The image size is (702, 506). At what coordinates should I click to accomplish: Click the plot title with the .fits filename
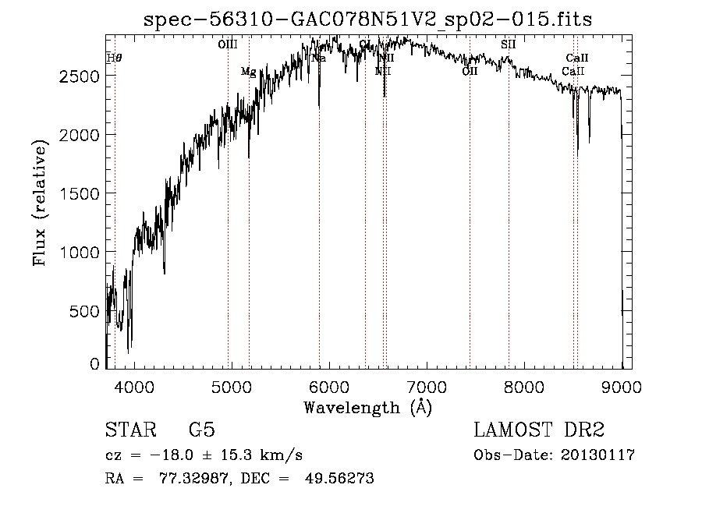point(368,19)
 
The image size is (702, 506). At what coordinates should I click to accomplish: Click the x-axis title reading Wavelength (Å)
point(367,407)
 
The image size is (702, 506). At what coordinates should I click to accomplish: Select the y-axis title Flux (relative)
point(40,200)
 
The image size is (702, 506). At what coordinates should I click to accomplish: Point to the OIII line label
point(227,44)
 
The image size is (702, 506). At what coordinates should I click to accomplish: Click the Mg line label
point(248,72)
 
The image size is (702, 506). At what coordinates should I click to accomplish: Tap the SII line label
point(509,44)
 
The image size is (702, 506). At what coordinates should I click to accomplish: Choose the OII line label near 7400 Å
point(470,72)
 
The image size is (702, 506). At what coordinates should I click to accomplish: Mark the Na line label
point(318,58)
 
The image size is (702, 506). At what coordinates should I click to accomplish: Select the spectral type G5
point(202,430)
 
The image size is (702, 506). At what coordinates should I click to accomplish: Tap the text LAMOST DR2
point(539,430)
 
